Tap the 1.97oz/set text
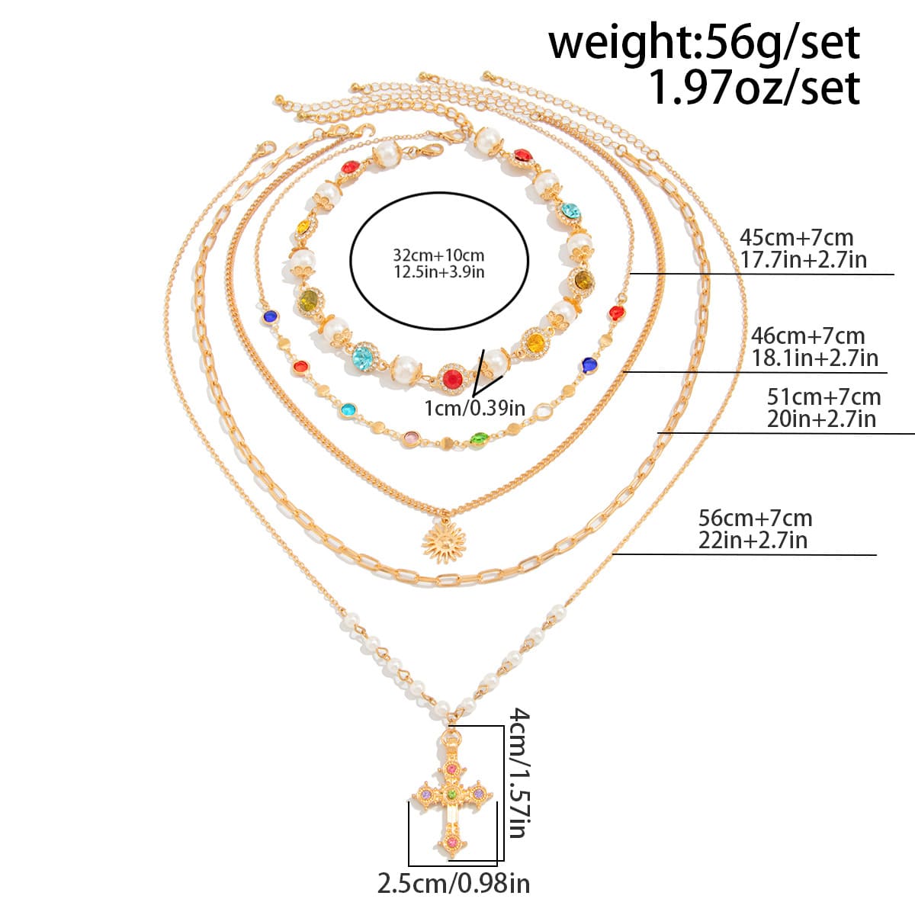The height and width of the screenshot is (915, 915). pyautogui.click(x=753, y=88)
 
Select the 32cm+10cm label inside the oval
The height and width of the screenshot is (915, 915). pyautogui.click(x=438, y=255)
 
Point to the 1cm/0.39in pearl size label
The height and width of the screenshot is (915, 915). pyautogui.click(x=474, y=408)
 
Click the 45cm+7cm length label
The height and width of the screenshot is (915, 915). pyautogui.click(x=797, y=237)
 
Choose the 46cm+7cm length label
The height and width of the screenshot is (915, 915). pyautogui.click(x=808, y=335)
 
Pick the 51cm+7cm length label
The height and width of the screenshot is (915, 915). pyautogui.click(x=823, y=396)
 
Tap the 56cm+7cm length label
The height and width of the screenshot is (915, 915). pyautogui.click(x=756, y=518)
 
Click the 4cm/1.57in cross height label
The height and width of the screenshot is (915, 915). pyautogui.click(x=518, y=772)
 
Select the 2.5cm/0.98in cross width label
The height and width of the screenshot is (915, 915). pyautogui.click(x=454, y=884)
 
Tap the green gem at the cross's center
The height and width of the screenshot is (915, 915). pyautogui.click(x=451, y=793)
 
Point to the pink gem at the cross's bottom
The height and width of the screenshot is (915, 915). pyautogui.click(x=451, y=841)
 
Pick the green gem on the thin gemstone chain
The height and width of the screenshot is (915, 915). pyautogui.click(x=478, y=438)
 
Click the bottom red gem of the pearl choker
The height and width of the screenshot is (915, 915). pyautogui.click(x=451, y=377)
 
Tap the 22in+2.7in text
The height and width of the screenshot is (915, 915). pyautogui.click(x=753, y=541)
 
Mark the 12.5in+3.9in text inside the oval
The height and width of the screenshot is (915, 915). pyautogui.click(x=438, y=271)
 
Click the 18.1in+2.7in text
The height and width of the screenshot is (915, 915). pyautogui.click(x=814, y=357)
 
